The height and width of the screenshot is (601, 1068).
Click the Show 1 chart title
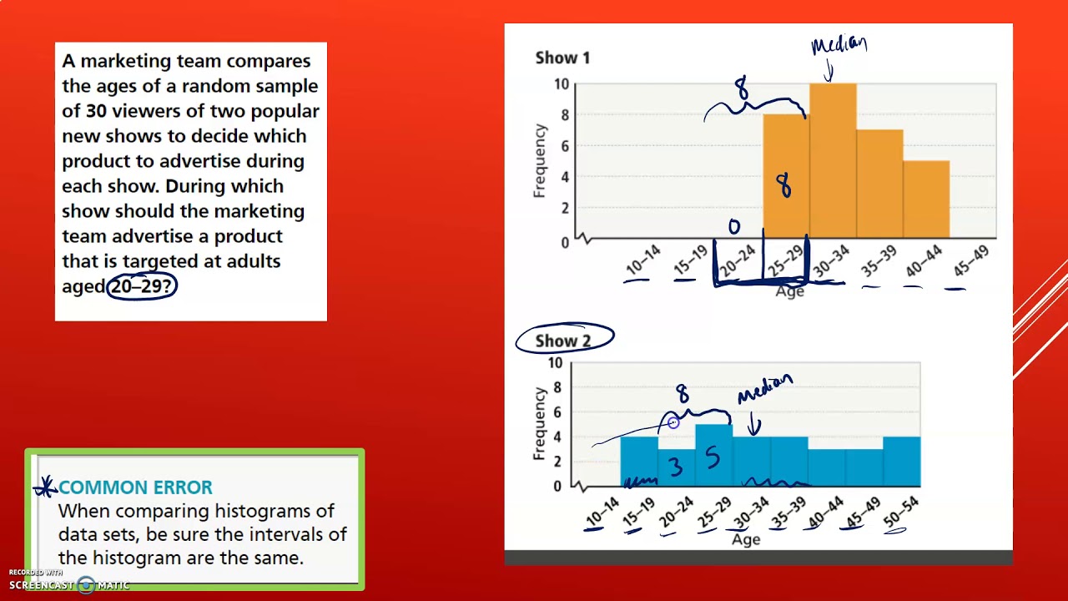(562, 58)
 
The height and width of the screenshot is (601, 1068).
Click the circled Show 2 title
(563, 341)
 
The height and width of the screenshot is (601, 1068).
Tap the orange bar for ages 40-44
(925, 200)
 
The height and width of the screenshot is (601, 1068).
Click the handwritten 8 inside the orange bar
(783, 185)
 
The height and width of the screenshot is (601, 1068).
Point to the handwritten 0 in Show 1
(734, 226)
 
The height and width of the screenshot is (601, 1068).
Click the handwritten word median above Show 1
(839, 45)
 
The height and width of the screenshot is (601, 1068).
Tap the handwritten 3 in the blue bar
(676, 467)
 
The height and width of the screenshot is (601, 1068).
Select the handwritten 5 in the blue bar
(713, 457)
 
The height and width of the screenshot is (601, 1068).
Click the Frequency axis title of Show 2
(539, 423)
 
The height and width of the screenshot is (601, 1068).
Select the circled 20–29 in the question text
(142, 286)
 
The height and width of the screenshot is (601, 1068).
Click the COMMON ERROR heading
(135, 487)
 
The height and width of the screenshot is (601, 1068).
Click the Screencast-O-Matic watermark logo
(86, 585)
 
